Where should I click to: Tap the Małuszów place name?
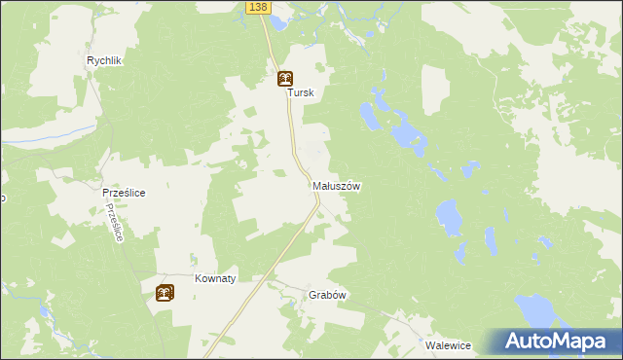point(337,185)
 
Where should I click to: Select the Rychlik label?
point(103,60)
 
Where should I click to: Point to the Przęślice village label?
point(124,194)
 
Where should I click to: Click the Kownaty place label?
point(215,278)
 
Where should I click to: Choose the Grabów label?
point(328,295)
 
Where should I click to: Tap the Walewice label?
point(448,345)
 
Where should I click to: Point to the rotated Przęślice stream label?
point(116,224)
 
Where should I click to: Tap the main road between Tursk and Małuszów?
point(291,136)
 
